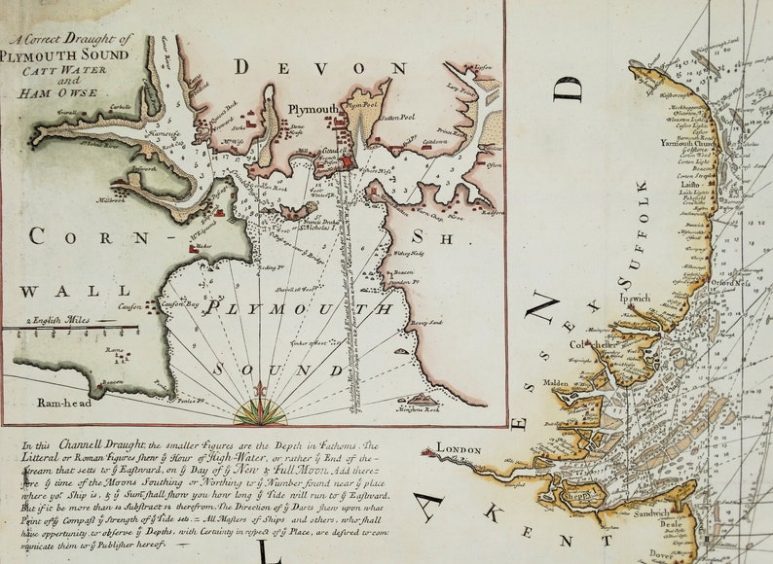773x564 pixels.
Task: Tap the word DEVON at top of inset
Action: pos(320,68)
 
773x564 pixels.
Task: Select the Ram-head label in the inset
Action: pos(38,401)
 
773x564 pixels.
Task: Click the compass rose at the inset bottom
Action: pos(260,408)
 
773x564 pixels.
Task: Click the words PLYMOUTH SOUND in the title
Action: pos(68,55)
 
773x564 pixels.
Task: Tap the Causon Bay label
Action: pos(179,304)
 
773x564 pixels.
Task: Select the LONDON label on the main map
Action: pos(460,448)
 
